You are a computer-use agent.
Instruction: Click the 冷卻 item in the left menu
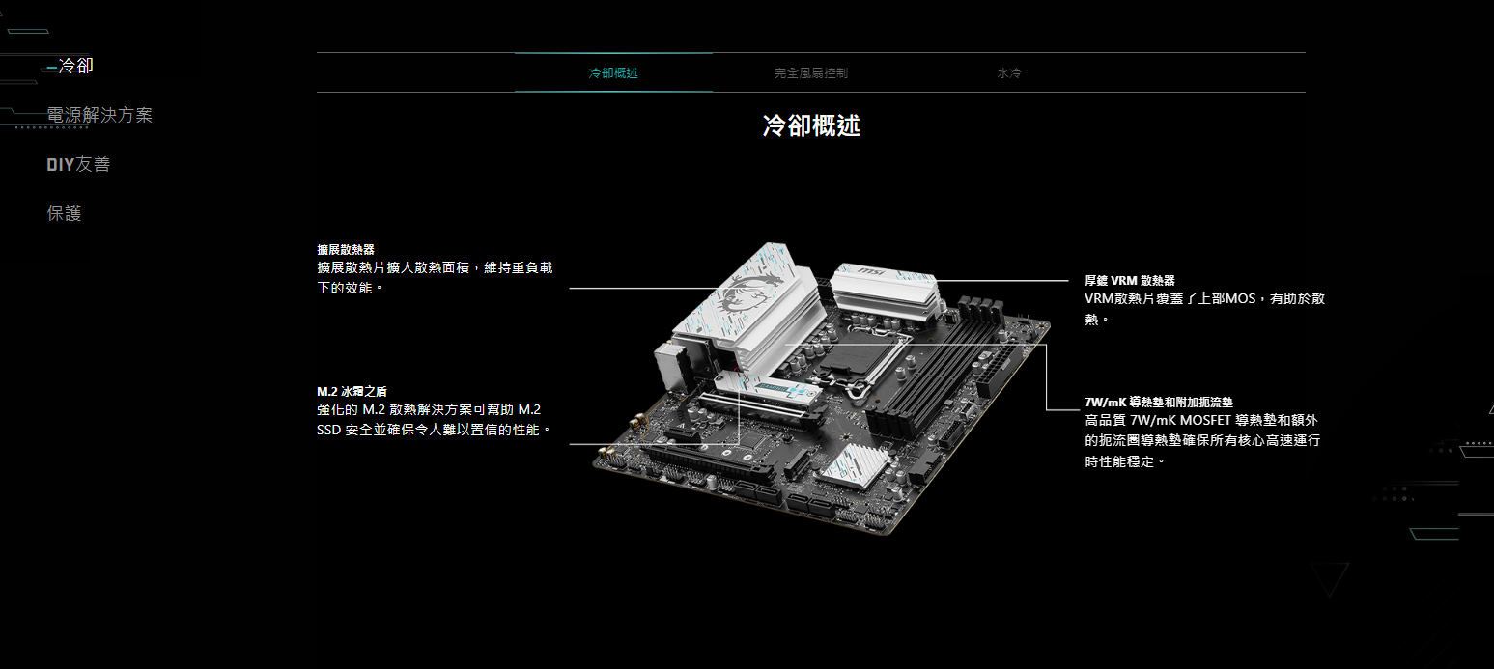[x=75, y=66]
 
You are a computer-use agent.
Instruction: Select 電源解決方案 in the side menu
[x=99, y=115]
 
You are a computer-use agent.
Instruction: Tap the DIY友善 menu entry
[x=78, y=164]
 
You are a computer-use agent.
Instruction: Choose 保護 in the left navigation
[x=64, y=213]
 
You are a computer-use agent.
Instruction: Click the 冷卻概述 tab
[x=613, y=72]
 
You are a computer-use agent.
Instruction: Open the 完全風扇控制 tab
[x=810, y=72]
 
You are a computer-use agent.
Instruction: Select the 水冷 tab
[x=1008, y=72]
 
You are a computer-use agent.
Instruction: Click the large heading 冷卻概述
[x=811, y=125]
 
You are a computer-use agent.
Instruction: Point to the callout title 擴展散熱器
[x=346, y=249]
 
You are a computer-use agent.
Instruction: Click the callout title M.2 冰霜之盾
[x=352, y=392]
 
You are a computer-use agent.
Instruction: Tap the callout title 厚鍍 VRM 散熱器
[x=1130, y=281]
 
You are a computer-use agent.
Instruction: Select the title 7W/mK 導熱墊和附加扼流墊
[x=1159, y=403]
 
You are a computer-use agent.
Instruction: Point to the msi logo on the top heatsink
[x=870, y=271]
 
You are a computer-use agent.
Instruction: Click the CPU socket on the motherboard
[x=861, y=359]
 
